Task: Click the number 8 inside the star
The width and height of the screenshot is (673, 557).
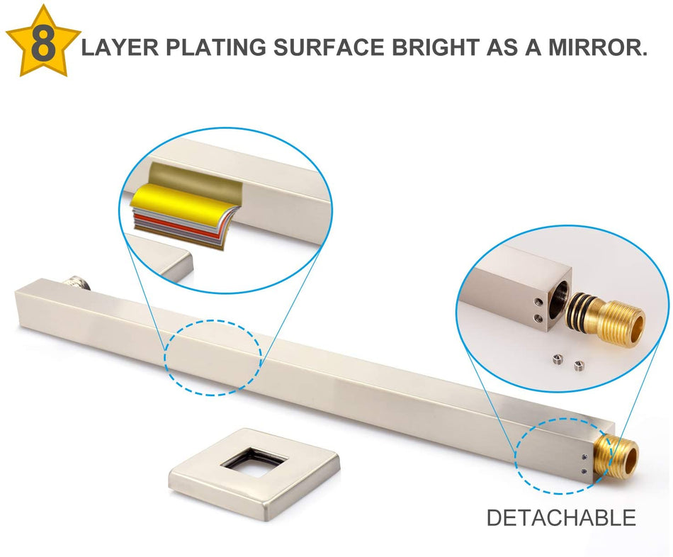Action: (x=43, y=45)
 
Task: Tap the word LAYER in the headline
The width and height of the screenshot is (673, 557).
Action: (x=120, y=47)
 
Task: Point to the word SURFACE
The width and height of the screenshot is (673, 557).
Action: (x=329, y=47)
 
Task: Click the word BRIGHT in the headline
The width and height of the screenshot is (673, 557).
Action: (x=435, y=47)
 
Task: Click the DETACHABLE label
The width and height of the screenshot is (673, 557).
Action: (x=561, y=517)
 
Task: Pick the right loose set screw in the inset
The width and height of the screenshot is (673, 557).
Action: (x=579, y=365)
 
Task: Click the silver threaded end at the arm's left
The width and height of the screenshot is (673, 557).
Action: (x=77, y=283)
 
